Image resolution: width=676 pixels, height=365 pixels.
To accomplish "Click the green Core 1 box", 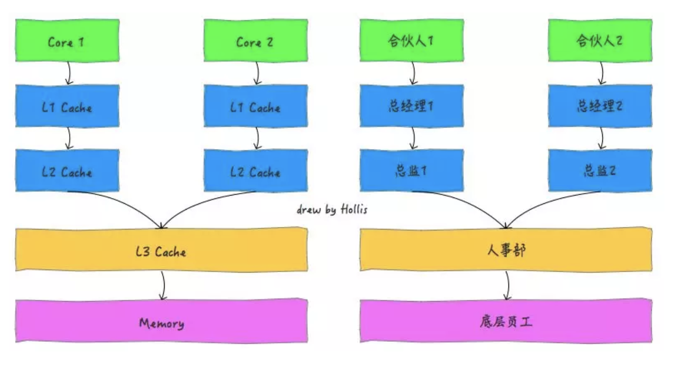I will point(67,41).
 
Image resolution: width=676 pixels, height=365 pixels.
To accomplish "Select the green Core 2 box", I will point(255,41).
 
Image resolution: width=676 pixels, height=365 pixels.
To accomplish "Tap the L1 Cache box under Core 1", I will point(67,106).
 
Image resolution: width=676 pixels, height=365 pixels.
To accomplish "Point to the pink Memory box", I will point(162,322).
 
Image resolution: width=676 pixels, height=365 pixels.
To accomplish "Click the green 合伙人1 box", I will point(412,41).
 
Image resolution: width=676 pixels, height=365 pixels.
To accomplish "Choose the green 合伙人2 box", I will point(599,41).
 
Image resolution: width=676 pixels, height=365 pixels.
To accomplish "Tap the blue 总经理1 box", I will point(412,106).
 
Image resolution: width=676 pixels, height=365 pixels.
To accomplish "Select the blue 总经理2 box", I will point(599,106).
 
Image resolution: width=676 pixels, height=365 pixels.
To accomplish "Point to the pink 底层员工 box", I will point(506,322).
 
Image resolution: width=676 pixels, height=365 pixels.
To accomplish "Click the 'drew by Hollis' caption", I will point(332,210).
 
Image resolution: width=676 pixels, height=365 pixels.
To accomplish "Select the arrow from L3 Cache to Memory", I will point(163,286).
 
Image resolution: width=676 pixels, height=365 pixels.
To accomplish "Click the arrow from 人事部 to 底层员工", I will point(507,286).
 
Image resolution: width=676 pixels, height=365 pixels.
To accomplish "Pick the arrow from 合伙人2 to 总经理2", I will point(601,73).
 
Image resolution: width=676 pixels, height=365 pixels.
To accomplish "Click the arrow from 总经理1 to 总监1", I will point(413,138).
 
